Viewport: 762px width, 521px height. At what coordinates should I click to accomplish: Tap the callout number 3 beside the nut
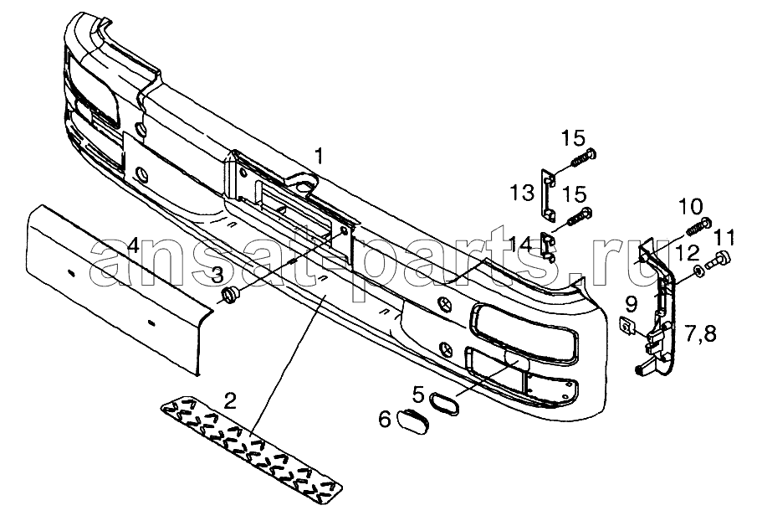pyautogui.click(x=217, y=274)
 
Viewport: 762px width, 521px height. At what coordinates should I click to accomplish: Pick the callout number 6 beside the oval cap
pyautogui.click(x=385, y=419)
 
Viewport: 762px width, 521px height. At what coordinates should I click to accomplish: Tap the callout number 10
pyautogui.click(x=690, y=206)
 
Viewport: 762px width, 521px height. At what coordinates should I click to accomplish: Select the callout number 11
pyautogui.click(x=724, y=237)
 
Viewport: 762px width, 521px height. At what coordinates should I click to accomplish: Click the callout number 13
pyautogui.click(x=523, y=193)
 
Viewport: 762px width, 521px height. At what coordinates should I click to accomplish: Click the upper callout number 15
pyautogui.click(x=573, y=138)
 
